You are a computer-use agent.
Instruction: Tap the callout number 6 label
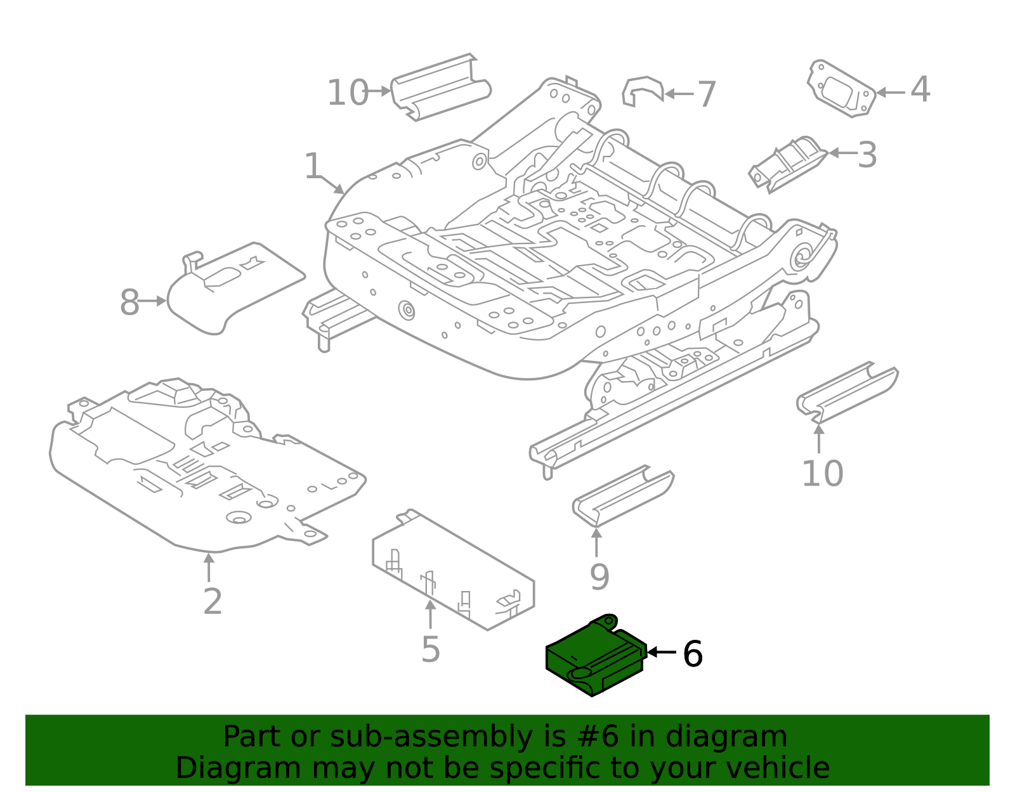click(692, 654)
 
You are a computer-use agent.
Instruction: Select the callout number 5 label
click(430, 649)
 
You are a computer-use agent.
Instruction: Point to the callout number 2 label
click(213, 601)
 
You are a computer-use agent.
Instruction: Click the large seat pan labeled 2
click(203, 469)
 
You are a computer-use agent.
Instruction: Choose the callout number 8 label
click(129, 302)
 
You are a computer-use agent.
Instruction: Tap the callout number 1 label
click(313, 166)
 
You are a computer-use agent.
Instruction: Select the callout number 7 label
click(707, 94)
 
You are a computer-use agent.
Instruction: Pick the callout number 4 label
click(920, 89)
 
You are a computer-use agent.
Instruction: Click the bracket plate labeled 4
click(841, 89)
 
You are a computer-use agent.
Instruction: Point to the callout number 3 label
click(867, 155)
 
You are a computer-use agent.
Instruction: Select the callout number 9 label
click(599, 576)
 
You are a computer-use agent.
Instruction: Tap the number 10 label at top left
click(347, 93)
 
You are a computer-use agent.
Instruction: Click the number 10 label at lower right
click(822, 473)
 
